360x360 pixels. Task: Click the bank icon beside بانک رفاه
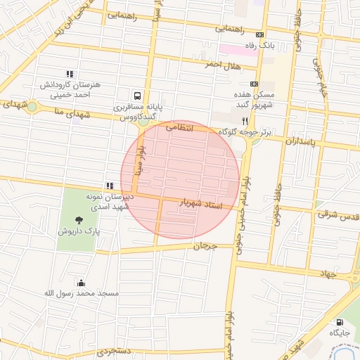tap(261, 35)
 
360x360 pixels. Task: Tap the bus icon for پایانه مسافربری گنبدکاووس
tap(136, 95)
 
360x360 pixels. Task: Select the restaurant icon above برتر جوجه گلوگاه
tap(245, 121)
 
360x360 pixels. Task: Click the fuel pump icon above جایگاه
tap(340, 323)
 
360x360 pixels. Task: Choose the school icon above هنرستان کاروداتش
tap(69, 74)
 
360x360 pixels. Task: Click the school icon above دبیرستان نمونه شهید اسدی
tap(109, 186)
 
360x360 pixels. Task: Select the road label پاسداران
tap(302, 142)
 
